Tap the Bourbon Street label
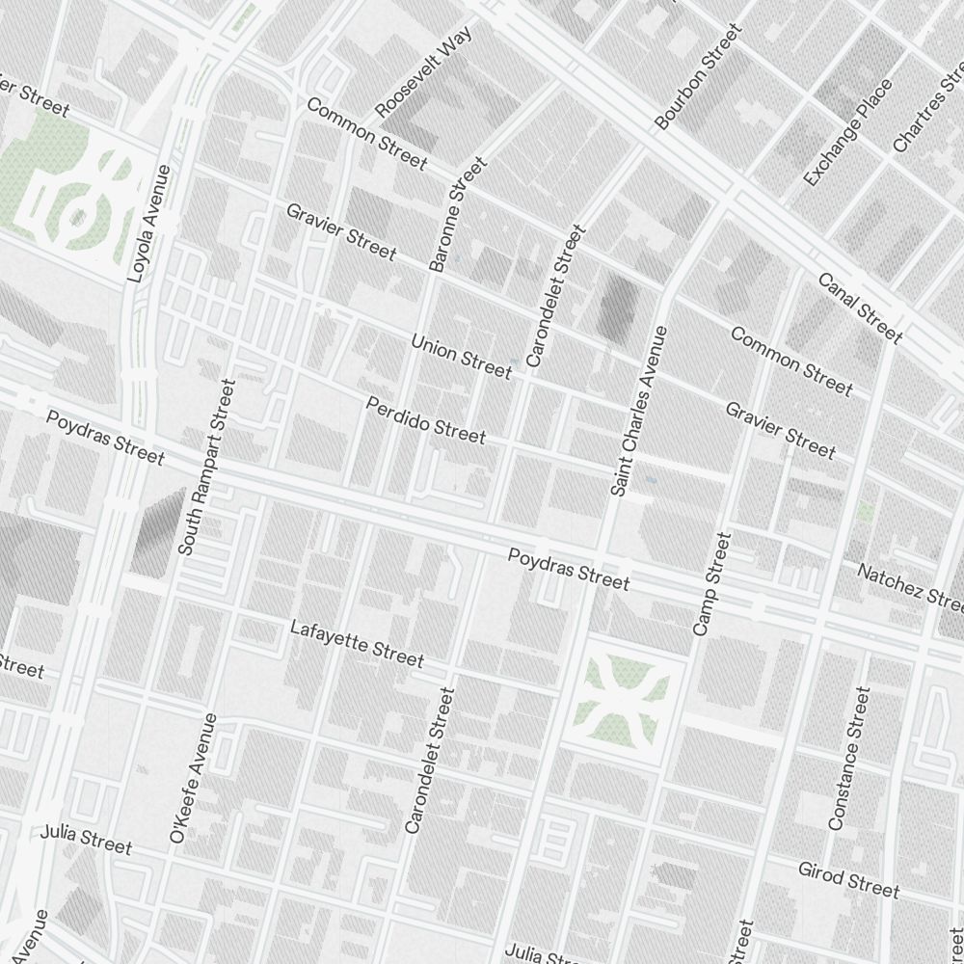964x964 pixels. pos(698,77)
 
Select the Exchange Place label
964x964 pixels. pos(847,133)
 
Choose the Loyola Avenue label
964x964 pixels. pos(148,223)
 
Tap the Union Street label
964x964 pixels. pos(461,356)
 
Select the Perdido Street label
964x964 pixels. pos(425,420)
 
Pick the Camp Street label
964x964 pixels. pos(713,583)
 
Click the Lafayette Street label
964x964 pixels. pos(357,643)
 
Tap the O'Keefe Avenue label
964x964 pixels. pos(193,779)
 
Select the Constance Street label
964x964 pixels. pos(849,758)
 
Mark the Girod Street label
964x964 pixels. pos(848,878)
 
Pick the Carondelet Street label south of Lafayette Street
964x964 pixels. pos(429,760)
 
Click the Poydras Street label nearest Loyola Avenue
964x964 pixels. pos(105,437)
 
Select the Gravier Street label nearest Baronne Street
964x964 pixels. pos(341,231)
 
